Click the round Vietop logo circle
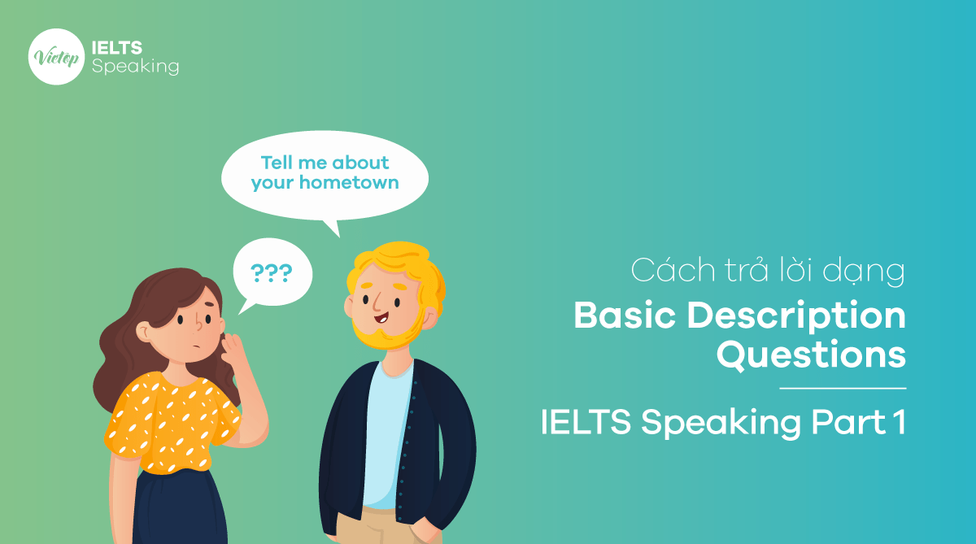pyautogui.click(x=56, y=57)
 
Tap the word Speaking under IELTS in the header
pyautogui.click(x=135, y=67)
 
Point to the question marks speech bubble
pyautogui.click(x=272, y=272)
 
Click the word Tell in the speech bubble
pyautogui.click(x=277, y=163)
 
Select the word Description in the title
pyautogui.click(x=796, y=317)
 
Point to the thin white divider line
pyautogui.click(x=842, y=389)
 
